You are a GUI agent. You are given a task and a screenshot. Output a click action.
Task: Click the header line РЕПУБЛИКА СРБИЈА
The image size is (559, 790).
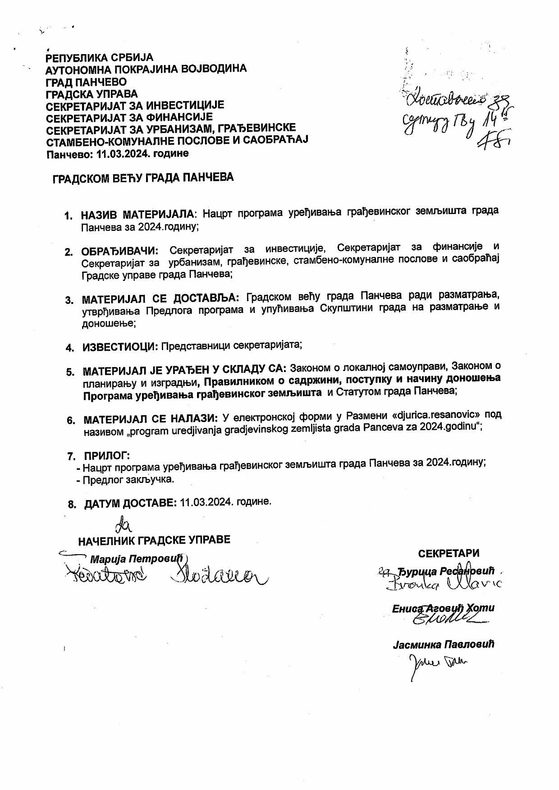[100, 58]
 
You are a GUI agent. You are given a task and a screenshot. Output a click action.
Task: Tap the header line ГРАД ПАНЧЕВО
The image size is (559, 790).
[86, 82]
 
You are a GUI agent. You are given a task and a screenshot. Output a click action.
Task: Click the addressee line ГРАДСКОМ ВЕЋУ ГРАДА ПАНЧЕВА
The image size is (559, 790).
[143, 178]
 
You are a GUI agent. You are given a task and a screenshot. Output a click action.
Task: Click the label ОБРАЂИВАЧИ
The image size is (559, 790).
[119, 251]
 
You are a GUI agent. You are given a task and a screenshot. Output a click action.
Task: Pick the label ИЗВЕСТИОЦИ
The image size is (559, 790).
[120, 347]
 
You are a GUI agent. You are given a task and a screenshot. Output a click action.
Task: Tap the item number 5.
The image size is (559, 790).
[70, 372]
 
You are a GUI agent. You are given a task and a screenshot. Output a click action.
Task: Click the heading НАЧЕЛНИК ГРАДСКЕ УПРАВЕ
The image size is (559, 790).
[154, 540]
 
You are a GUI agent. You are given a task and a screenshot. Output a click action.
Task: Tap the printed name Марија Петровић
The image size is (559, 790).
[137, 559]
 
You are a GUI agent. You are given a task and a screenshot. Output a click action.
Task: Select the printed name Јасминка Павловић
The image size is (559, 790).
[443, 644]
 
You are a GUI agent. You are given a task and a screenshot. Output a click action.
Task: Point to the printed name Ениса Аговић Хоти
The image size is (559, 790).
[443, 608]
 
